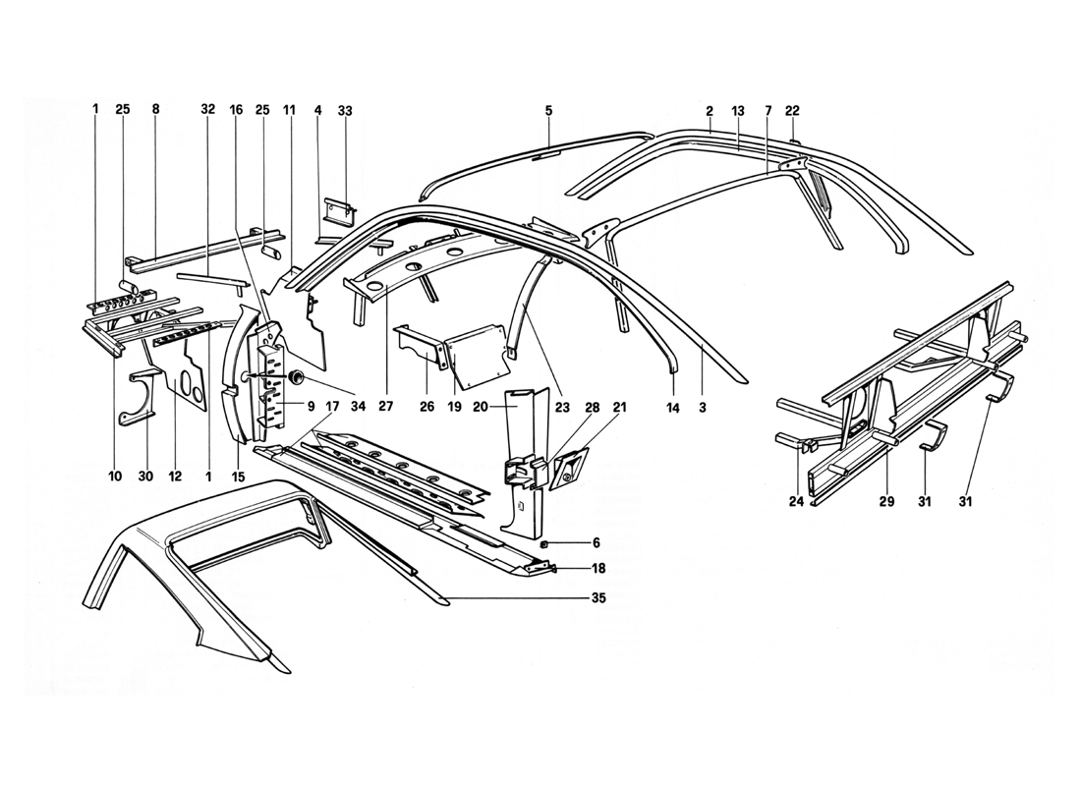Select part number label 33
(x=344, y=111)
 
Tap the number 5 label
(x=548, y=111)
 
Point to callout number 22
(x=792, y=111)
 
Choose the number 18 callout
(x=599, y=569)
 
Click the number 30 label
(x=146, y=477)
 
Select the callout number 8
(x=154, y=111)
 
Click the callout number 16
(x=237, y=111)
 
